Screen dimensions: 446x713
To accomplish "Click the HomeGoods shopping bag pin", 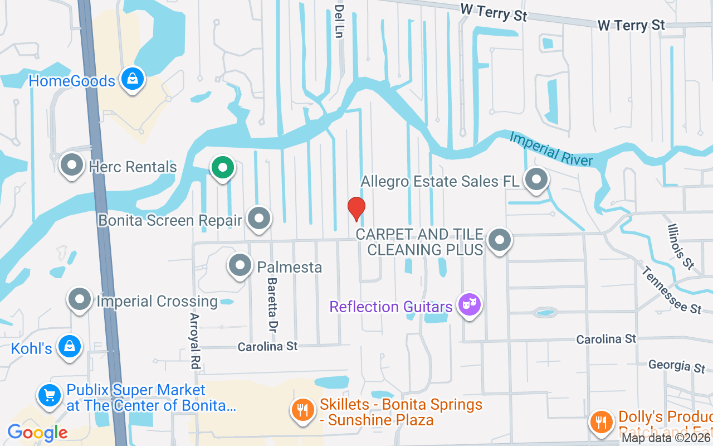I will (x=132, y=80).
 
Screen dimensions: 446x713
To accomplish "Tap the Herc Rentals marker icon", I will (x=72, y=166).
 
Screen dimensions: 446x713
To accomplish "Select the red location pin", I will (x=356, y=209).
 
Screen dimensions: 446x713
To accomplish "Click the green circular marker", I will (x=222, y=167).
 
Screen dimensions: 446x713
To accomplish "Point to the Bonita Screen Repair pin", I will (x=258, y=219).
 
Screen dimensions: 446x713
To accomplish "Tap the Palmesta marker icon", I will (x=240, y=266).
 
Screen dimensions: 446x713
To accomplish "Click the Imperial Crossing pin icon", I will (x=79, y=300).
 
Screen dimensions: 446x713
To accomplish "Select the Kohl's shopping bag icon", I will (x=69, y=347).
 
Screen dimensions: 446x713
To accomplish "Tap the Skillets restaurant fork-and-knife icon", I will (x=303, y=411).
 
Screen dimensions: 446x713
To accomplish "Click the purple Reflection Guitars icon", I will (x=469, y=304).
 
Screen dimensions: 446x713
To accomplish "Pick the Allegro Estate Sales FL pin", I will (x=536, y=180).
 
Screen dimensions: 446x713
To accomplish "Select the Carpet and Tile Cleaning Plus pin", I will (x=499, y=240).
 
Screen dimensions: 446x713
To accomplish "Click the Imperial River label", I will (x=551, y=149).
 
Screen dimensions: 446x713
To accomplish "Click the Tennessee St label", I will (x=671, y=290).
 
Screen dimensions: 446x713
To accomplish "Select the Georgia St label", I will (x=676, y=366).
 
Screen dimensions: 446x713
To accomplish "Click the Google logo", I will (x=37, y=433).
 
